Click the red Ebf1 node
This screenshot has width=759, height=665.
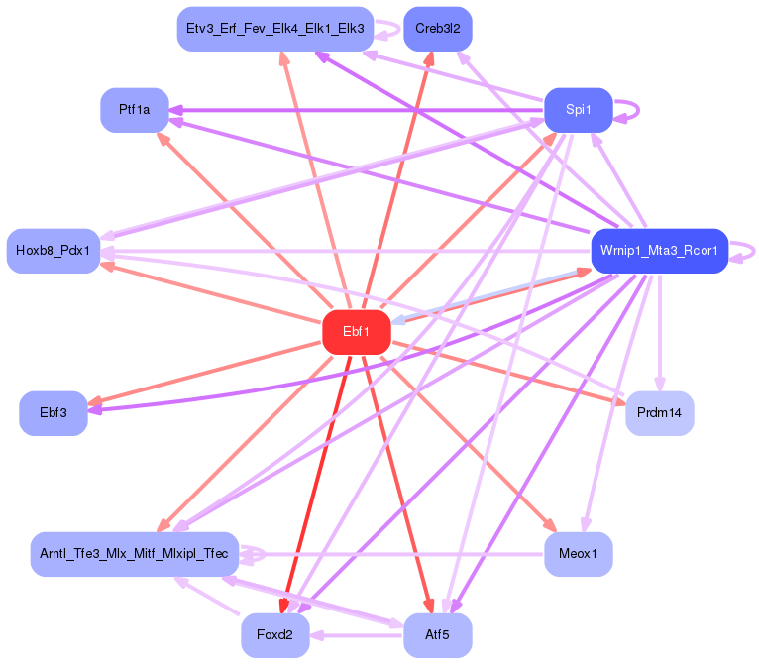pos(357,332)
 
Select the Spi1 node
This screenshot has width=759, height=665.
pos(579,110)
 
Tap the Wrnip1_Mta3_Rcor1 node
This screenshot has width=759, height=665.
pos(659,250)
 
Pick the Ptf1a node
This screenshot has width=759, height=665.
pos(134,110)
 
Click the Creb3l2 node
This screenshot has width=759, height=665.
pos(437,28)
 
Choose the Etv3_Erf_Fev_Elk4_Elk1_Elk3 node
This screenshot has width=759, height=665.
pos(274,28)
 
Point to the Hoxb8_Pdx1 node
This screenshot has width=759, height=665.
pos(53,250)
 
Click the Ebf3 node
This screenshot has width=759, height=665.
pos(54,412)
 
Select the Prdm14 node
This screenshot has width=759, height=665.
pos(660,412)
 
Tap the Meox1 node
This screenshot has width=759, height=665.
pos(579,553)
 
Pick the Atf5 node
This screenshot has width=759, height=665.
pos(437,635)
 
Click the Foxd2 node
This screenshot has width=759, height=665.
pos(274,635)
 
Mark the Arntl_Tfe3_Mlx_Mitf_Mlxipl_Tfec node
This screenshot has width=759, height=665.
pos(134,553)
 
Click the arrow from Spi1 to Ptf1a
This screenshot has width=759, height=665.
pos(357,110)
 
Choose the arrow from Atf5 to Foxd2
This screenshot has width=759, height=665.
pos(357,635)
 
